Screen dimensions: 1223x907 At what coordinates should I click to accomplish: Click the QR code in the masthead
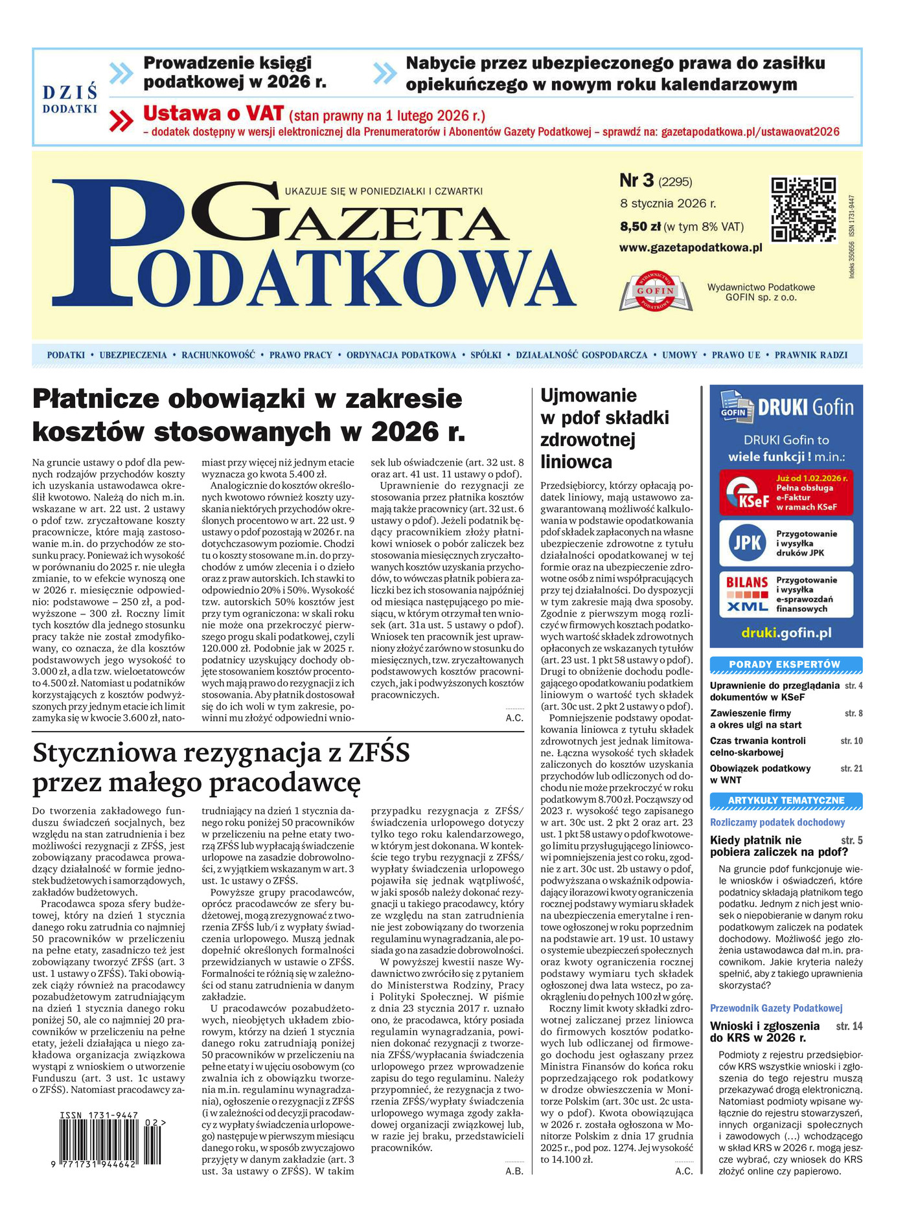pyautogui.click(x=803, y=209)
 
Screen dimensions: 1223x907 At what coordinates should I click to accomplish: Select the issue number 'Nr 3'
pyautogui.click(x=637, y=181)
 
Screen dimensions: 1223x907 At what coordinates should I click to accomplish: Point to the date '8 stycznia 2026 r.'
pyautogui.click(x=667, y=203)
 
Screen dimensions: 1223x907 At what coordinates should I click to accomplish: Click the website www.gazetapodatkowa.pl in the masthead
pyautogui.click(x=691, y=247)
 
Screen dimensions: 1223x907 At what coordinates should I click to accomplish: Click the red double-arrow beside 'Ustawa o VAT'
pyautogui.click(x=121, y=121)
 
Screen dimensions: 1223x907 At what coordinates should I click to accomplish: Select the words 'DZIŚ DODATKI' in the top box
pyautogui.click(x=70, y=98)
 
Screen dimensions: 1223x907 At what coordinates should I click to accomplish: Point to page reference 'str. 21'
pyautogui.click(x=851, y=769)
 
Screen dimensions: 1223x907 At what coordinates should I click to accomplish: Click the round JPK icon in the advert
pyautogui.click(x=746, y=543)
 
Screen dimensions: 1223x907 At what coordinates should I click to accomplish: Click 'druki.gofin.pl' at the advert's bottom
pyautogui.click(x=786, y=633)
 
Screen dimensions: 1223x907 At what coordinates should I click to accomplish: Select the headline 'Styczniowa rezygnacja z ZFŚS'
pyautogui.click(x=222, y=754)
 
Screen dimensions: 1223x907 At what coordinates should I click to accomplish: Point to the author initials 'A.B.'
pyautogui.click(x=514, y=1171)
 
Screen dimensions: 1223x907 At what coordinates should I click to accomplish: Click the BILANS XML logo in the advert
pyautogui.click(x=747, y=594)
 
